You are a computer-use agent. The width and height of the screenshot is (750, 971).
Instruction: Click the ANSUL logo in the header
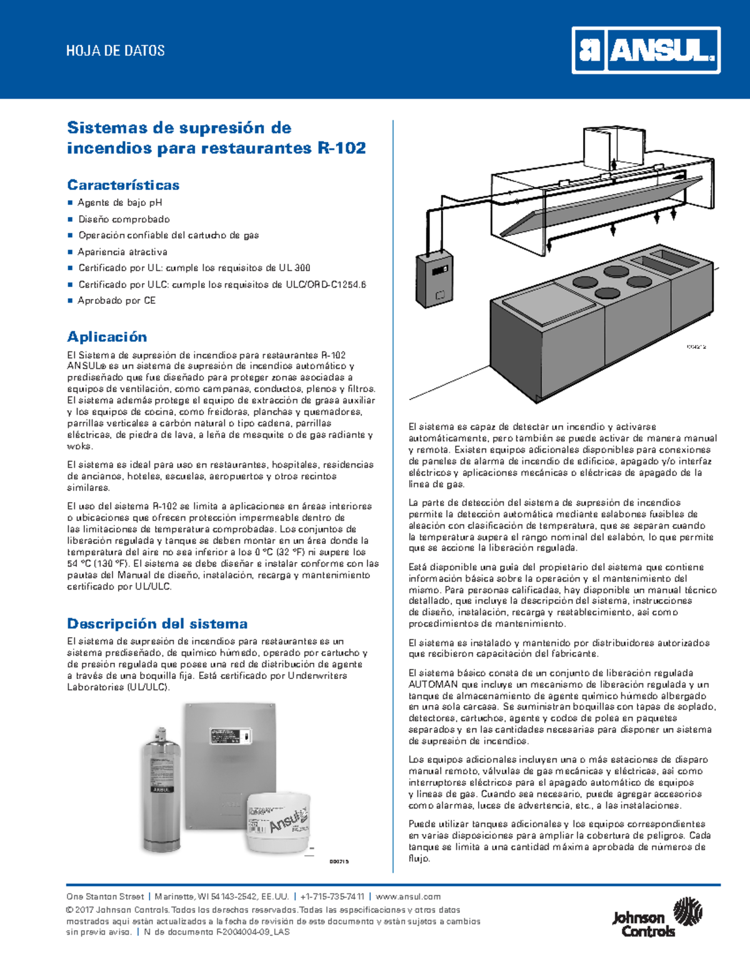646,50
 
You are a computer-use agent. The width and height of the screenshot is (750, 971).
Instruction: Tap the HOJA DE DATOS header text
115,51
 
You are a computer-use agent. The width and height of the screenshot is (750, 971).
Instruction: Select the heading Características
123,185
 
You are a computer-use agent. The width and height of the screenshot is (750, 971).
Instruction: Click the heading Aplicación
107,336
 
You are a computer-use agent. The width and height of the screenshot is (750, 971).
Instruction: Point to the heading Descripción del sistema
157,623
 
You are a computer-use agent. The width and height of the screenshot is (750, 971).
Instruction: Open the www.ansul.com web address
408,897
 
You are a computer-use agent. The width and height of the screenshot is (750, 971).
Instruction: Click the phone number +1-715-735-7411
332,897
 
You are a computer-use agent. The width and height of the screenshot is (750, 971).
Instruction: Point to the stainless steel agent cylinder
162,790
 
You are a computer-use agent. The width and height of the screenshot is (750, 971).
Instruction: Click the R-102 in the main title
342,148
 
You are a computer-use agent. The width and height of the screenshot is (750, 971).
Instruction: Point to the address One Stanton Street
106,897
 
